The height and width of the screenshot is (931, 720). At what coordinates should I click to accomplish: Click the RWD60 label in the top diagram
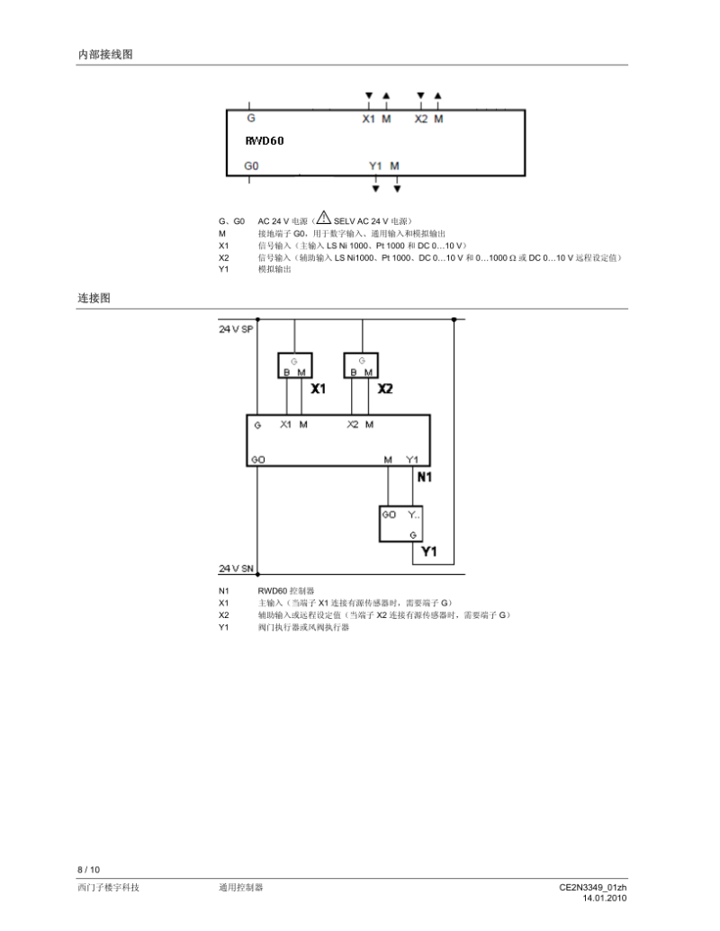[x=264, y=141]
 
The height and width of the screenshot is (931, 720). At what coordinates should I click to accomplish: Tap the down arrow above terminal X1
[x=368, y=95]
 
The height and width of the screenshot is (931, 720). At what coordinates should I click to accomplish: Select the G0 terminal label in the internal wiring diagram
[x=251, y=166]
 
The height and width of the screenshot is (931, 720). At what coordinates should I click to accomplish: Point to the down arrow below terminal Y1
[x=376, y=189]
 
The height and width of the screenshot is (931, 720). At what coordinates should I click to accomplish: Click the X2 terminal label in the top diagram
[x=420, y=119]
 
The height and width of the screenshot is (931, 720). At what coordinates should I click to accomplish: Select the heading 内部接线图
[x=104, y=55]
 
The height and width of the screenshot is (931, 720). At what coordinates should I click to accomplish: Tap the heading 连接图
[x=94, y=298]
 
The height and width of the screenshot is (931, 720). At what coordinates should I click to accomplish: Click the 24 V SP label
[x=236, y=329]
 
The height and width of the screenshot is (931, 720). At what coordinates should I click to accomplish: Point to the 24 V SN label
[x=236, y=568]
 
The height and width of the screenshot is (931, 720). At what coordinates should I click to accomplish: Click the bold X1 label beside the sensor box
[x=318, y=389]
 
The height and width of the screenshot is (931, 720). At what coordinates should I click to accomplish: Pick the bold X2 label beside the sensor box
[x=385, y=389]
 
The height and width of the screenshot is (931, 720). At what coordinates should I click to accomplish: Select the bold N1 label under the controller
[x=424, y=477]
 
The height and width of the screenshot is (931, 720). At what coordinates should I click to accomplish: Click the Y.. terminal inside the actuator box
[x=413, y=515]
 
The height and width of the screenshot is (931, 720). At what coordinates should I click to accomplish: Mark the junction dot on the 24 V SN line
[x=257, y=574]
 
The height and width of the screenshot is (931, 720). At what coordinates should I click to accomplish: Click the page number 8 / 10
[x=88, y=869]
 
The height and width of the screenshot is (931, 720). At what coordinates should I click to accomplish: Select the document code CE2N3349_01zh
[x=592, y=888]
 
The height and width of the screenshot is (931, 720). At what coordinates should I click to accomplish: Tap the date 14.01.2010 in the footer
[x=604, y=898]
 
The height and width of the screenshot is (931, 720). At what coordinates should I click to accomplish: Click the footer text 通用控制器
[x=240, y=888]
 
